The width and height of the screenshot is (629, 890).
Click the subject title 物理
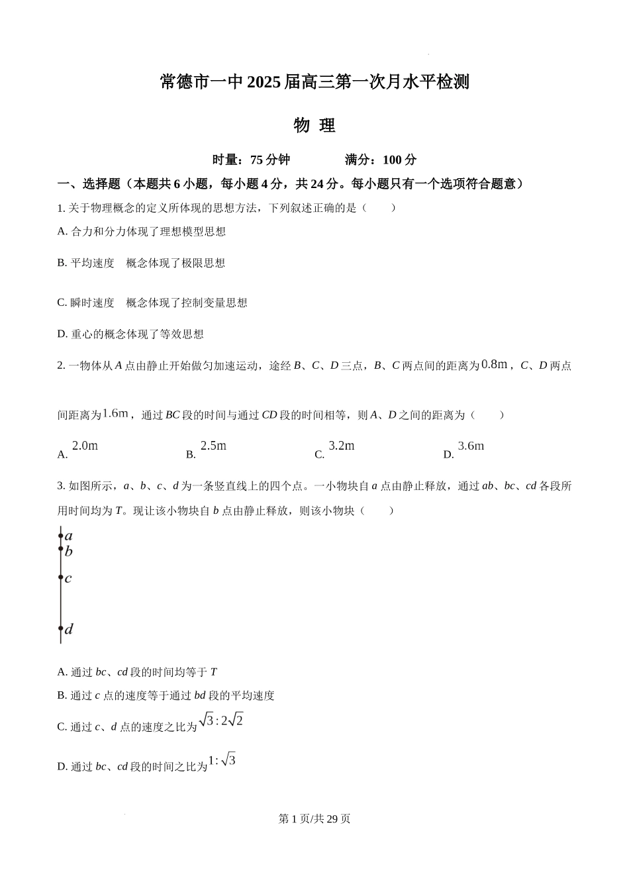pyautogui.click(x=314, y=125)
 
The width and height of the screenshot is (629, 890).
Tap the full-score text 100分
pyautogui.click(x=400, y=160)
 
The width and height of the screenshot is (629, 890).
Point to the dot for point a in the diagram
pyautogui.click(x=61, y=536)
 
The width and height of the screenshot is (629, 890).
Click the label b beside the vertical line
pyautogui.click(x=68, y=552)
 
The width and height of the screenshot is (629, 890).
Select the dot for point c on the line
pyautogui.click(x=61, y=577)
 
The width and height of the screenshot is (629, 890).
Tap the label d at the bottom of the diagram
pyautogui.click(x=69, y=629)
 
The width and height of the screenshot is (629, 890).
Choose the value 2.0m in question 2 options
pyautogui.click(x=85, y=446)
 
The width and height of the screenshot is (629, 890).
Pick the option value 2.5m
pyautogui.click(x=213, y=446)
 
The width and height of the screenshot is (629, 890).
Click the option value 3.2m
pyautogui.click(x=342, y=446)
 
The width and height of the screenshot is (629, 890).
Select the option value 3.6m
pyautogui.click(x=471, y=446)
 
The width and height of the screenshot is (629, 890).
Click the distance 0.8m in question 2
pyautogui.click(x=494, y=364)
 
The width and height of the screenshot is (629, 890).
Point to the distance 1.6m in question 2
pyautogui.click(x=115, y=413)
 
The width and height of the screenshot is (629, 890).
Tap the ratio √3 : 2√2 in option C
pyautogui.click(x=221, y=720)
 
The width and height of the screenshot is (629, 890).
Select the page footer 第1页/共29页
pyautogui.click(x=314, y=818)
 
